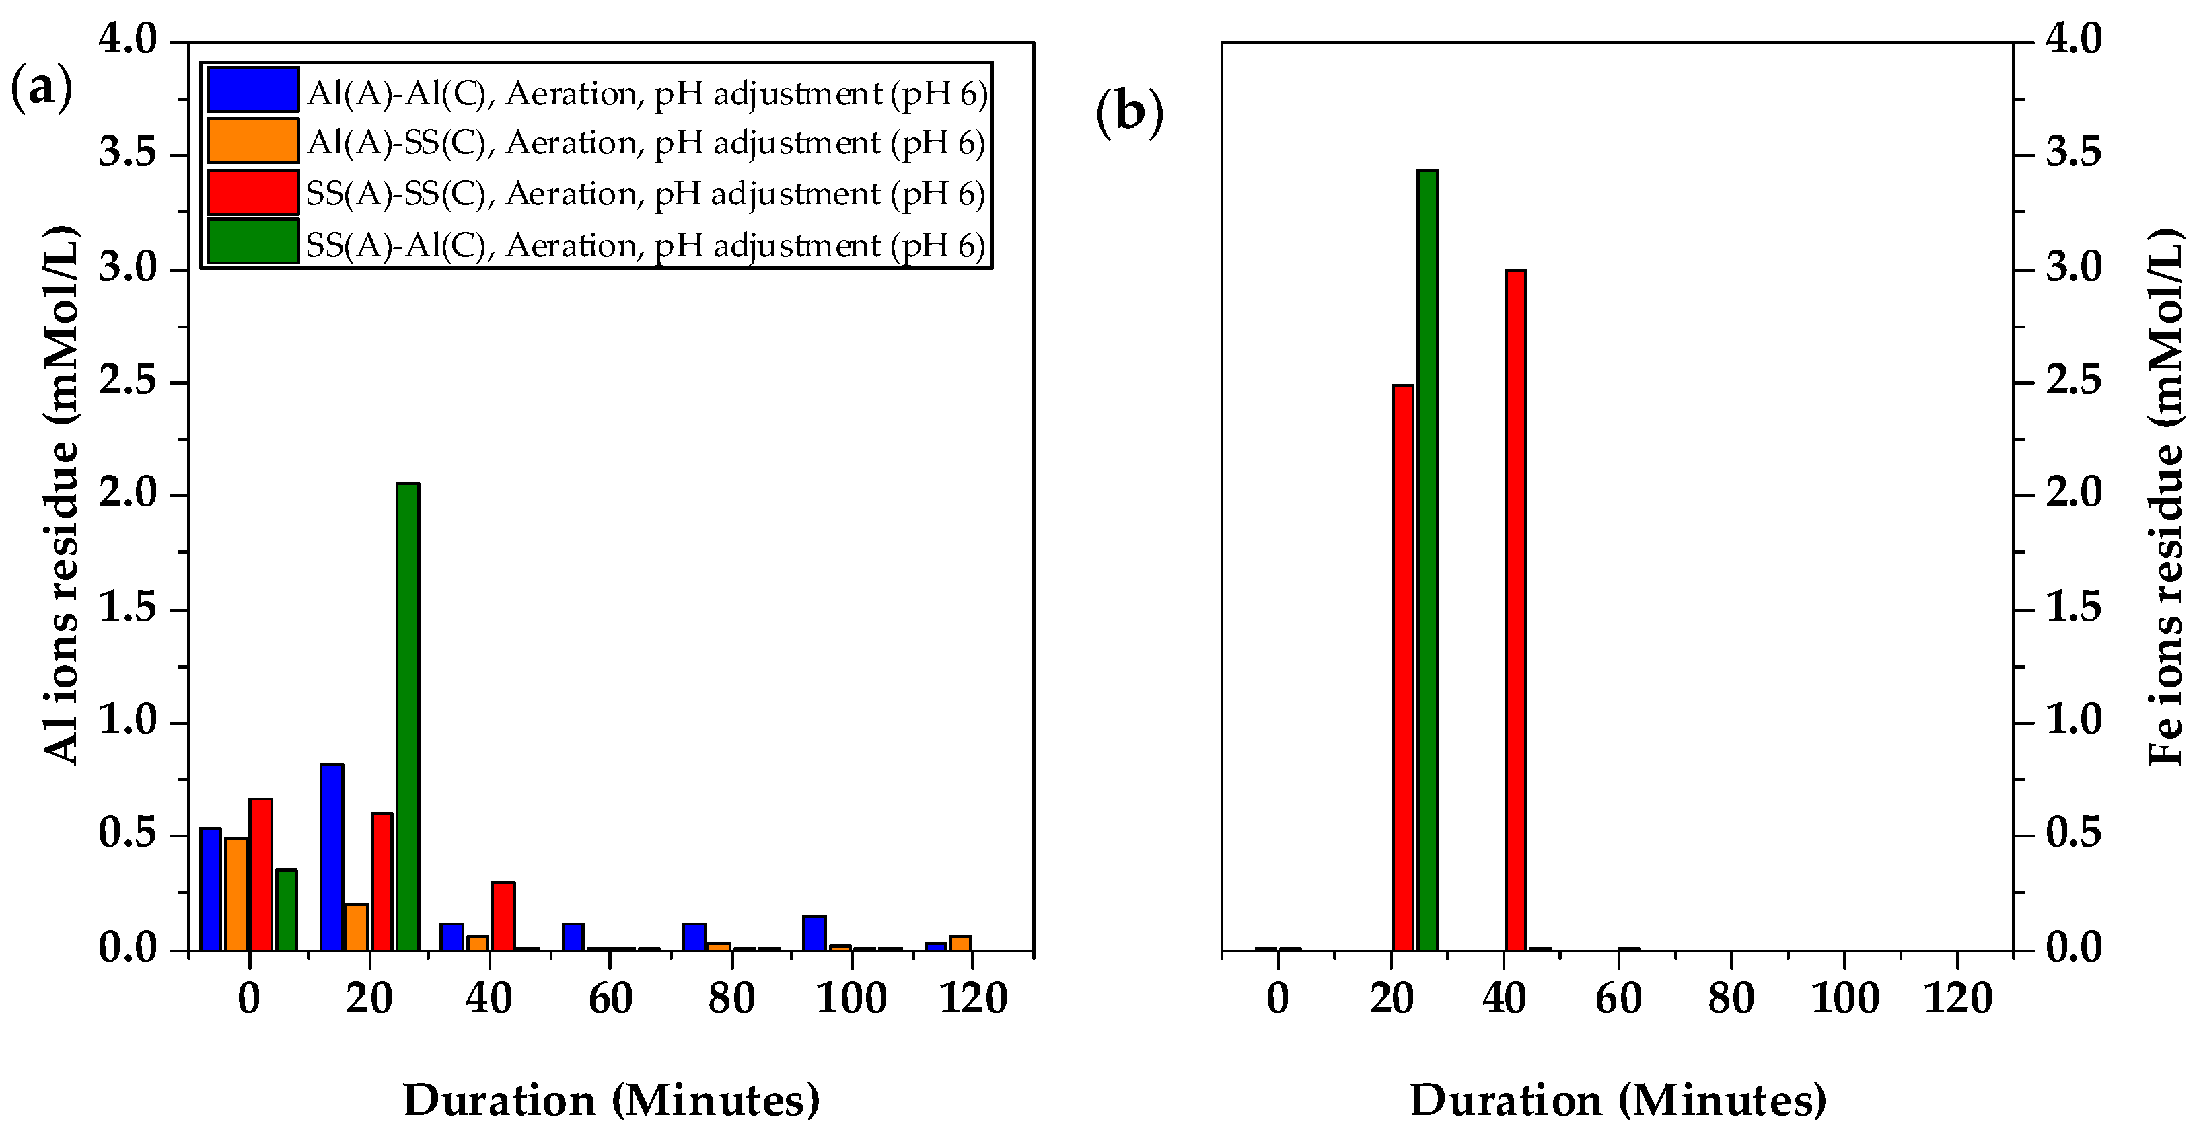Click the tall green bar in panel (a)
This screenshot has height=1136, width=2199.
point(408,716)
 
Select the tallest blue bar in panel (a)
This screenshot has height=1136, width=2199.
point(331,857)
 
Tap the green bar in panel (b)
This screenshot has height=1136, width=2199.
point(1427,560)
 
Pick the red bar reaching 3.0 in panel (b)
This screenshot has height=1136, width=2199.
point(1515,609)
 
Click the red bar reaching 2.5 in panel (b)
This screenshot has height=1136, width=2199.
point(1402,667)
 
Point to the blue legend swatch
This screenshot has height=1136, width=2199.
point(253,89)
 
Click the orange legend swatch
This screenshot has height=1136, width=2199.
point(253,141)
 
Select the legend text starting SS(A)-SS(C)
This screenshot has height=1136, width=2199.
point(645,194)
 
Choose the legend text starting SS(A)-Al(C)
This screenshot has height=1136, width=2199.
point(645,245)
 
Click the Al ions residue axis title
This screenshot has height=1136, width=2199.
point(60,495)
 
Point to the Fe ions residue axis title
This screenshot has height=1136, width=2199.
point(2164,495)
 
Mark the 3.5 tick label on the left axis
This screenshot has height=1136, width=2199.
point(128,155)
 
